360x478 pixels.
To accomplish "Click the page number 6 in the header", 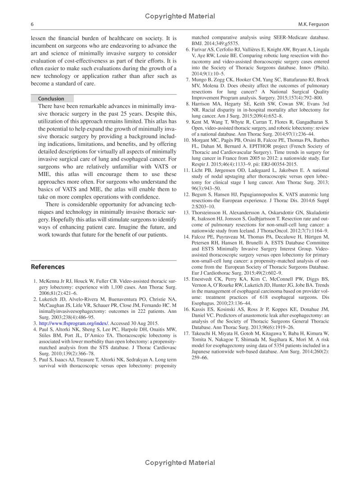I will [x=32, y=24].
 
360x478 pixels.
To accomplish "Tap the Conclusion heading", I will [x=51, y=99].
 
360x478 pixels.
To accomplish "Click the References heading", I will [x=48, y=267].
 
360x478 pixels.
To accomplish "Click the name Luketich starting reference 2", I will [x=49, y=299].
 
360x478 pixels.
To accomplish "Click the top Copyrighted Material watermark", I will [x=180, y=16].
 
